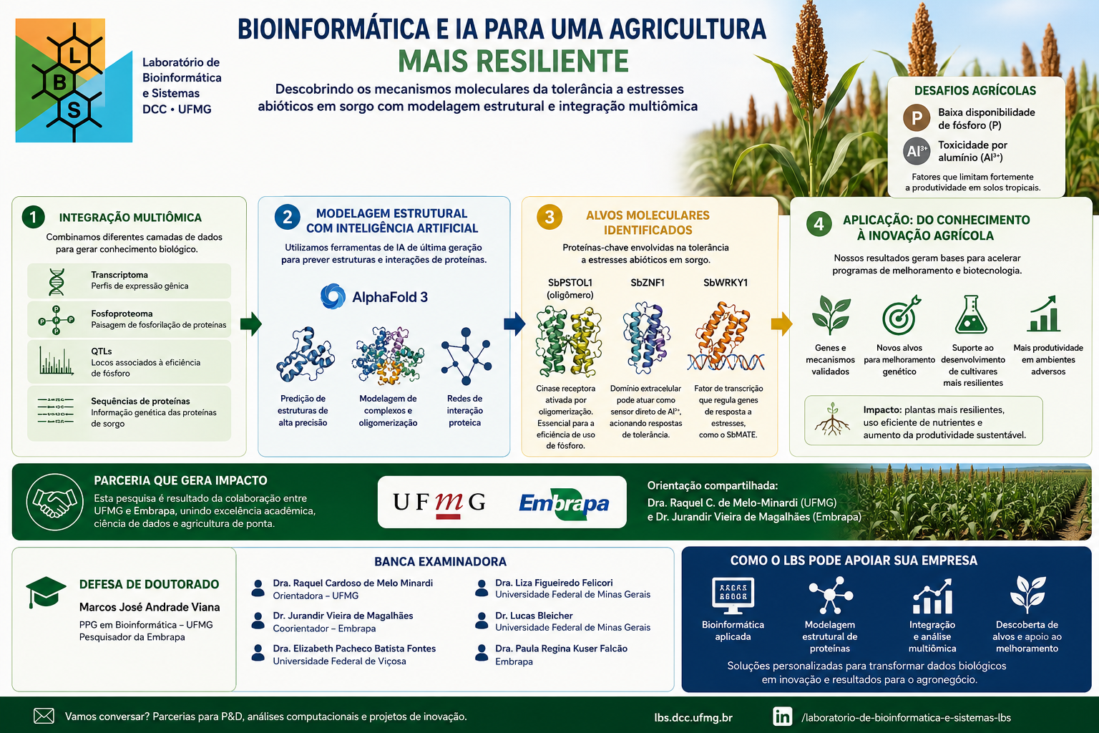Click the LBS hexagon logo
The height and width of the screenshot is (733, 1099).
[x=74, y=80]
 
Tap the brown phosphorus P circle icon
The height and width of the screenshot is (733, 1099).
[x=917, y=118]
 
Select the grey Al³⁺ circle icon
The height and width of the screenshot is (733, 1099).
[x=917, y=151]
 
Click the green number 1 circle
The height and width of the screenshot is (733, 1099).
[x=34, y=217]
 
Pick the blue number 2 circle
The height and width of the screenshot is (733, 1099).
[x=288, y=217]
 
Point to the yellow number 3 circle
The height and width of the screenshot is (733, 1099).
[x=549, y=217]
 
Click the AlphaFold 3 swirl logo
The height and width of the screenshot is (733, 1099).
[x=333, y=296]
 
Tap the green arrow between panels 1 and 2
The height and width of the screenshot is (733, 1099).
[x=251, y=324]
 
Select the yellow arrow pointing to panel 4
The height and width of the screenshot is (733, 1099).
[x=781, y=324]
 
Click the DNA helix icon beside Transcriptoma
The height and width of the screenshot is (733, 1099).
[x=57, y=282]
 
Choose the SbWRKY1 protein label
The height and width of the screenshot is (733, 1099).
[x=726, y=283]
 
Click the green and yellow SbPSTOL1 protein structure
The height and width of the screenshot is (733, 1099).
[x=569, y=341]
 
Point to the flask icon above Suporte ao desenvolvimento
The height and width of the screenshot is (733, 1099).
[x=972, y=315]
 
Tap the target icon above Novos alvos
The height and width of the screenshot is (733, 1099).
[x=901, y=316]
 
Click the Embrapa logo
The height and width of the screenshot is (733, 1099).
[x=565, y=503]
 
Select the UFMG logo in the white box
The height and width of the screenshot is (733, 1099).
[x=439, y=503]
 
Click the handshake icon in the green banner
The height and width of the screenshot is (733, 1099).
[x=55, y=502]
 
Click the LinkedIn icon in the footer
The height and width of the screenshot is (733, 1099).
[x=783, y=717]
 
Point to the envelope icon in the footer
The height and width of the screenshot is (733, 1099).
[x=44, y=716]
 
